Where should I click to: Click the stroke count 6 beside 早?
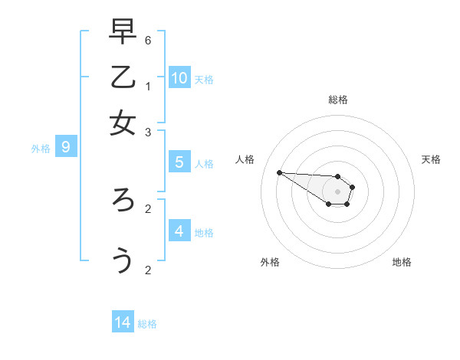[148, 40]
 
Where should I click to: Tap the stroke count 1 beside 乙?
[148, 86]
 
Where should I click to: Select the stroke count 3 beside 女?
[148, 133]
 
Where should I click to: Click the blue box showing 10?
[179, 77]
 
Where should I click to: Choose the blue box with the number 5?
[179, 162]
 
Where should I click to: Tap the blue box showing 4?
[179, 231]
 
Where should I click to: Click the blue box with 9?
[66, 147]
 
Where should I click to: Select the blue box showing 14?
[123, 322]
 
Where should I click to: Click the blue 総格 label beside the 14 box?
[147, 324]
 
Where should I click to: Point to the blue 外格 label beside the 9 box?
[41, 149]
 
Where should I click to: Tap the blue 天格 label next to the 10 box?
[204, 80]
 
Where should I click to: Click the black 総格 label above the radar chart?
[338, 100]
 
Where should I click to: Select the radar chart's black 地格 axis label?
[402, 262]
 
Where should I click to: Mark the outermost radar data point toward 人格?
[279, 172]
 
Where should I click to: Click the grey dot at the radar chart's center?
[337, 191]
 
